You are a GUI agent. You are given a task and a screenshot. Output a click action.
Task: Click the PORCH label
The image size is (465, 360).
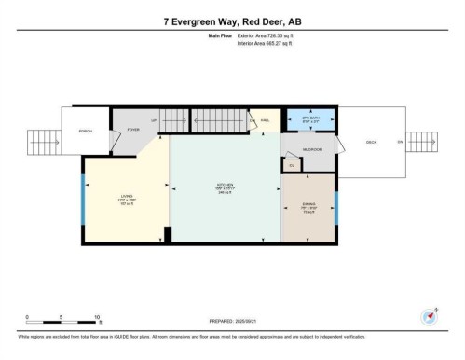pos(85,131)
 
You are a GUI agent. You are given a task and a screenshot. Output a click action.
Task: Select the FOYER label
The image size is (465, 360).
pos(133,130)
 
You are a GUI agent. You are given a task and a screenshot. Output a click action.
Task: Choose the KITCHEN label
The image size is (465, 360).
pos(225,186)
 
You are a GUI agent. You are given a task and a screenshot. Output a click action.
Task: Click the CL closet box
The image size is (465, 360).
pos(292,165)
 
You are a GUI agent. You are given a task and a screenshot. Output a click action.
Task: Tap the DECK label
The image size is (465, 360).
pos(371,142)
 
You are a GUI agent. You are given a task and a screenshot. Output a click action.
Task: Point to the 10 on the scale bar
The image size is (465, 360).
pos(97,316)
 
